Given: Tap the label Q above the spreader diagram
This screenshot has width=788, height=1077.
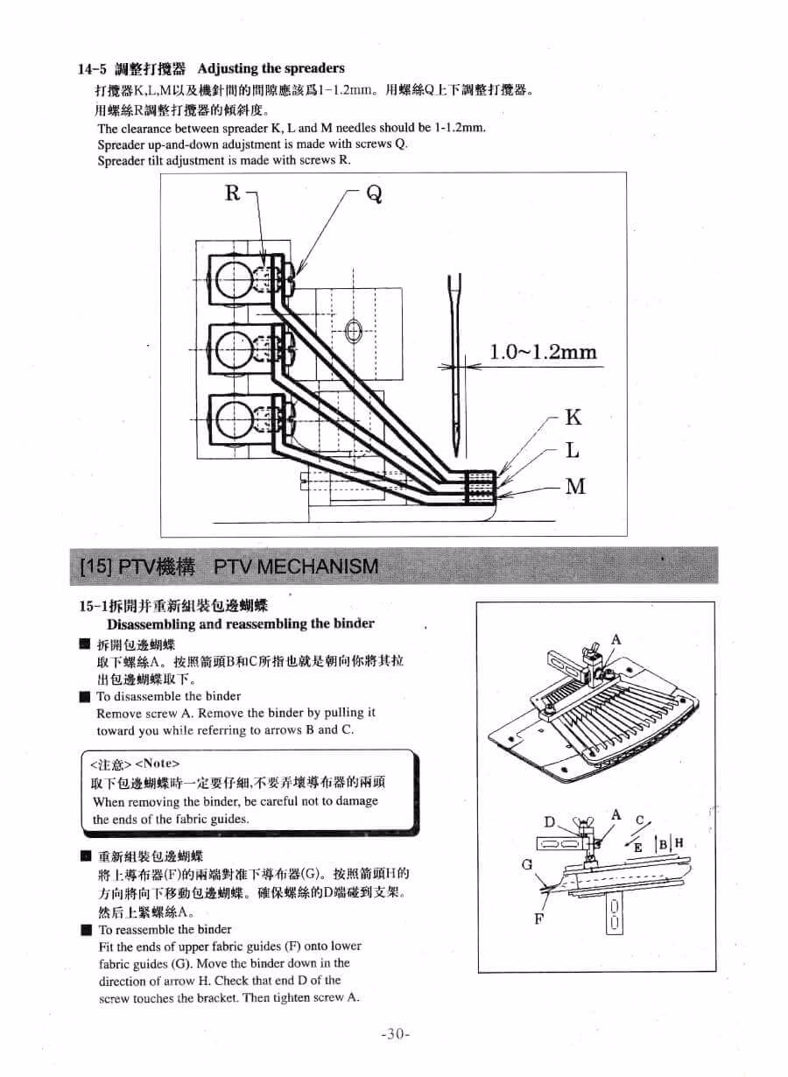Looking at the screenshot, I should (375, 194).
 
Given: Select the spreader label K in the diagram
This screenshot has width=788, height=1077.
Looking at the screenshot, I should (574, 417).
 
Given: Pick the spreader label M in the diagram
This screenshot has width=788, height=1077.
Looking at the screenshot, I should (575, 486).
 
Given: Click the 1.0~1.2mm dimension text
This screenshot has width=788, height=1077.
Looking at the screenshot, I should (543, 353).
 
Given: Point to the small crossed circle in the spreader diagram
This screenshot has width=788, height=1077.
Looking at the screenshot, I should (354, 331).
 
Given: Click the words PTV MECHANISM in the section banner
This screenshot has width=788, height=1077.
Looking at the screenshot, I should (297, 566).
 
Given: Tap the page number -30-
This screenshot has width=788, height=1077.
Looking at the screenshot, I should (396, 1034).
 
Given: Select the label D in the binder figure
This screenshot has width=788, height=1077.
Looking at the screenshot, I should (550, 821).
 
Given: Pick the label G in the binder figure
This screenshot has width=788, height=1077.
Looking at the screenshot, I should (526, 864).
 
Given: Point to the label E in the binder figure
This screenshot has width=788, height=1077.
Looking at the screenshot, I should (637, 847).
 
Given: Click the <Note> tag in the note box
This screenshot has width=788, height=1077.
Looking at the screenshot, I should (157, 764).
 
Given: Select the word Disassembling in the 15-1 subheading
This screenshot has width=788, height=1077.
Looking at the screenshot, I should (150, 624).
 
